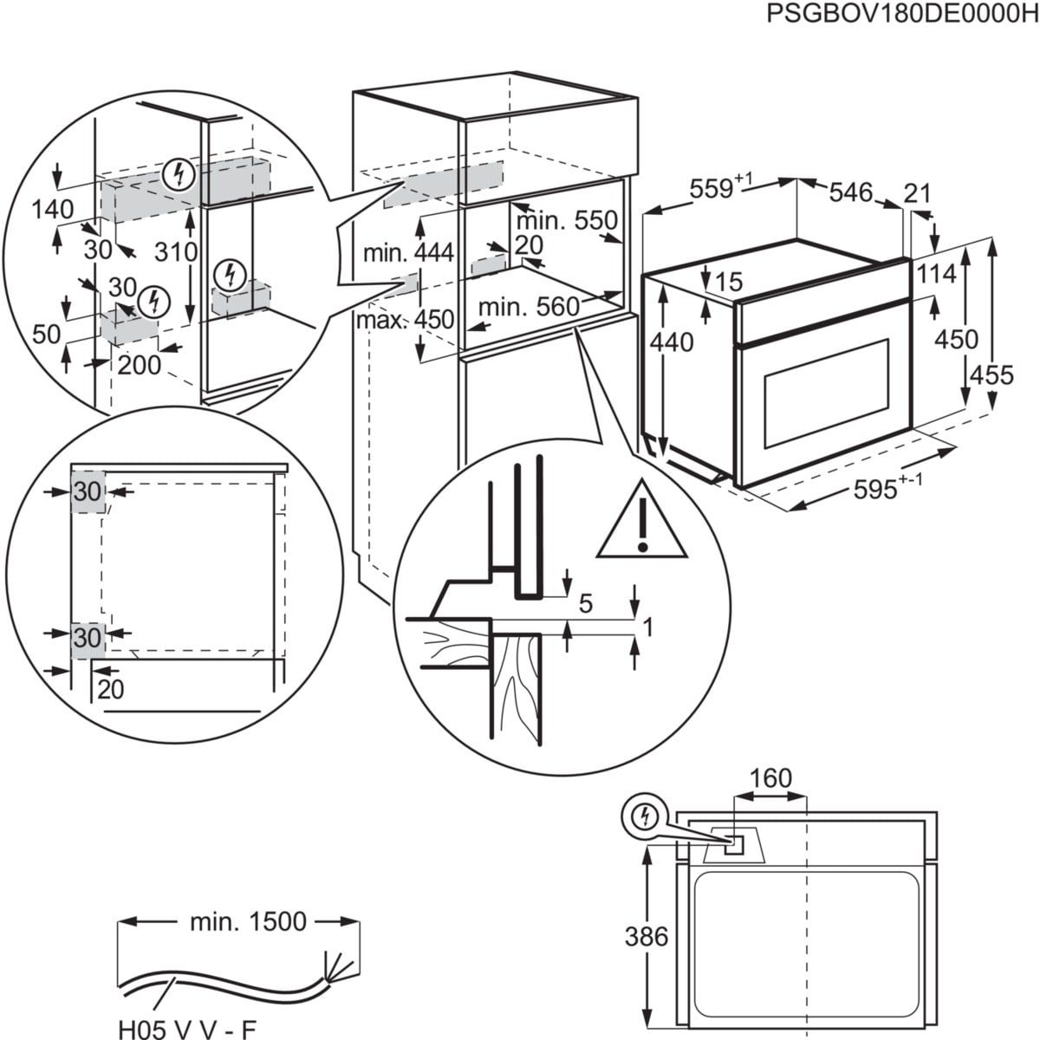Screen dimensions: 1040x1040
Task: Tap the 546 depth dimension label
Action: (850, 192)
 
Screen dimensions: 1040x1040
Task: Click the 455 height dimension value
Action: (991, 374)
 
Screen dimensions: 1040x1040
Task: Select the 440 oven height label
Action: (672, 342)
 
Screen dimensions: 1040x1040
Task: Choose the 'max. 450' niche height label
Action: (406, 320)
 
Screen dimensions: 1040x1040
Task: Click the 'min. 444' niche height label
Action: (408, 253)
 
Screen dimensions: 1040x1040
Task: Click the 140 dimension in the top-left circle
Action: (53, 209)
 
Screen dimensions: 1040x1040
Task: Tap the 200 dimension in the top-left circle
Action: (140, 365)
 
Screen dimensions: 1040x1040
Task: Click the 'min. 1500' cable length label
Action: (248, 921)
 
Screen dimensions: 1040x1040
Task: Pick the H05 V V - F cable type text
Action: (187, 1030)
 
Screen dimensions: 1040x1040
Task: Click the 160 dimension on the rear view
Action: (770, 778)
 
